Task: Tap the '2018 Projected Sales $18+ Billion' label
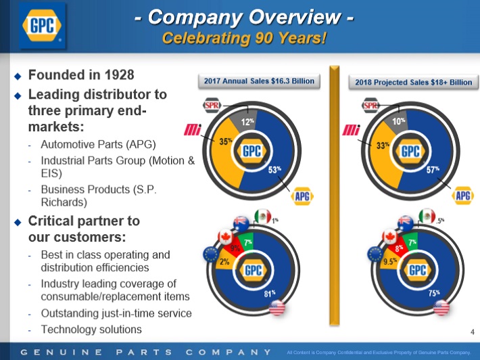coord(414,83)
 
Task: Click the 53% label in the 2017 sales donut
coord(275,170)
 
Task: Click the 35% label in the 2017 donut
coord(226,143)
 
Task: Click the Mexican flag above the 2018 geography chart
coord(426,217)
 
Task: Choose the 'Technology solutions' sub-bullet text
coord(91,330)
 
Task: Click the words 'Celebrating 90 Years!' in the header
coord(244,38)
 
